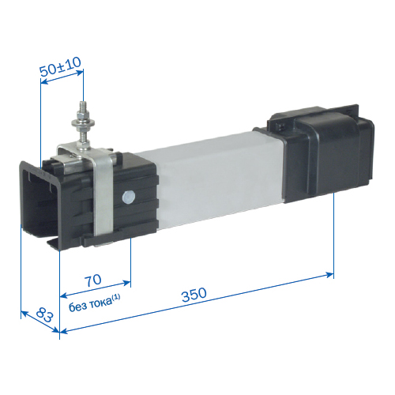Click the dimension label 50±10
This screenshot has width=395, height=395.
pos(60,66)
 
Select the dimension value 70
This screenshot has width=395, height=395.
pos(93,280)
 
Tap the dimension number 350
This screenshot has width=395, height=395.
pos(194,295)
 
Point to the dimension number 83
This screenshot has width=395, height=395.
pos(45,314)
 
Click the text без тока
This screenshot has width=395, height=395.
pos(90,305)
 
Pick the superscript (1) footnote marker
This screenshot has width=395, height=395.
pos(116,298)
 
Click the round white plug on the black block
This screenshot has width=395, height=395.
pos(129,197)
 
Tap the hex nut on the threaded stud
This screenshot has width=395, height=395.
pos(83,115)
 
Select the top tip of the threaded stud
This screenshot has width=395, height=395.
pos(83,102)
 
